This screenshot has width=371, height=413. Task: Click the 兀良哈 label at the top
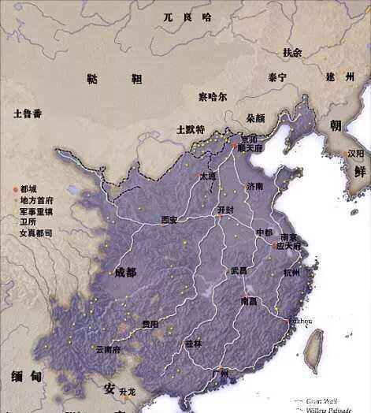(187, 17)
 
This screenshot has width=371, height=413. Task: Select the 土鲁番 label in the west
(28, 113)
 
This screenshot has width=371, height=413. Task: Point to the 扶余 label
(292, 53)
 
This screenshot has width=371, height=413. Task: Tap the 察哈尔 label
(213, 97)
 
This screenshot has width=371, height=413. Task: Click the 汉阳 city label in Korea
(355, 154)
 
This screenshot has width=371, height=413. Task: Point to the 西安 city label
(169, 220)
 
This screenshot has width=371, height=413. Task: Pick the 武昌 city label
(239, 270)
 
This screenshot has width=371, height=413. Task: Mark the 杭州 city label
(291, 272)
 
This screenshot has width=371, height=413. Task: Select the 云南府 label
(107, 349)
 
